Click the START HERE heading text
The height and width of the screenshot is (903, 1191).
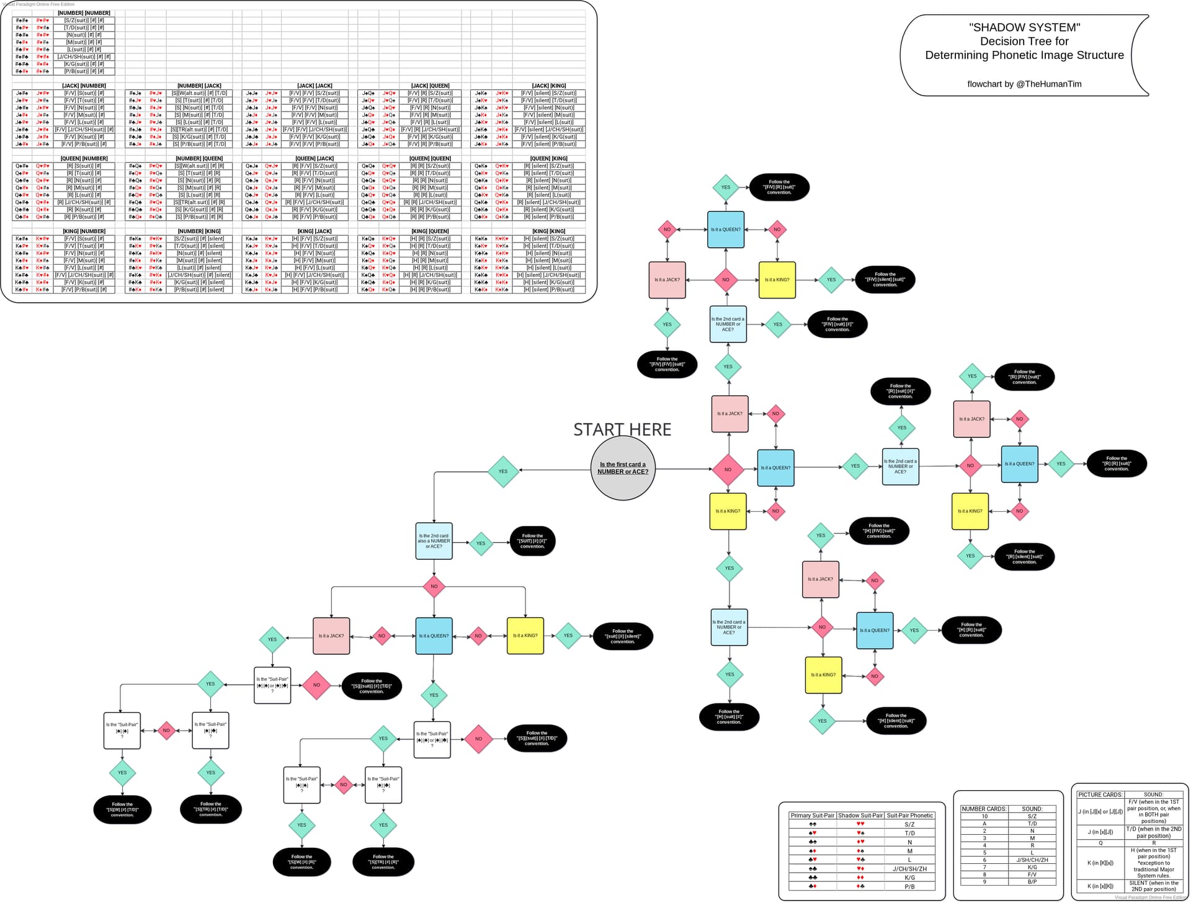click(x=622, y=429)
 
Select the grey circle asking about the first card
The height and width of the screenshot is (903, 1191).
click(x=623, y=468)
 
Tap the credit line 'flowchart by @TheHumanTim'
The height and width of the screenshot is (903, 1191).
click(x=1024, y=84)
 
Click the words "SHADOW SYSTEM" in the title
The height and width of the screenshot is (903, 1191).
click(x=1024, y=27)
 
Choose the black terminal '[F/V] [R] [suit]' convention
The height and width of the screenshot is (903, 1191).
click(x=779, y=187)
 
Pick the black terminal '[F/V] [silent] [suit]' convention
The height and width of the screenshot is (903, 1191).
click(x=885, y=280)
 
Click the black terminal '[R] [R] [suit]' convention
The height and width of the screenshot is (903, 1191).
click(x=1117, y=464)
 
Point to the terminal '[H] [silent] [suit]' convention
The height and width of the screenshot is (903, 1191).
click(x=896, y=721)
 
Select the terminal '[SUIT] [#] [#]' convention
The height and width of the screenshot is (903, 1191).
click(x=532, y=541)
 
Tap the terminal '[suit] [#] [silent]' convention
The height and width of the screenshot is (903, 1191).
click(x=623, y=636)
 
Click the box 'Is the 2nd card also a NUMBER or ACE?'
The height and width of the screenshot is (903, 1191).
click(x=434, y=541)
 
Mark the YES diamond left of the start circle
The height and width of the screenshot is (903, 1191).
click(x=503, y=471)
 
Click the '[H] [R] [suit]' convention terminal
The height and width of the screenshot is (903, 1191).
click(x=971, y=630)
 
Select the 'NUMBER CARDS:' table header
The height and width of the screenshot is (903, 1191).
click(x=984, y=809)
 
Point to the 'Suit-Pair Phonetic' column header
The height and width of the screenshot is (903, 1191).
click(x=909, y=816)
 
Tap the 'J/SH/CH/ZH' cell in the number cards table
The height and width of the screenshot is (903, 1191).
click(x=1032, y=860)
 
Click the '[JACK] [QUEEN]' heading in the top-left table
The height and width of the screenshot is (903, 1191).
click(x=430, y=86)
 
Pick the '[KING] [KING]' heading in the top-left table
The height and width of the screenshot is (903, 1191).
click(x=549, y=231)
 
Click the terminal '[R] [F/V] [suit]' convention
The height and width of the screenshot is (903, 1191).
click(x=1025, y=377)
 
